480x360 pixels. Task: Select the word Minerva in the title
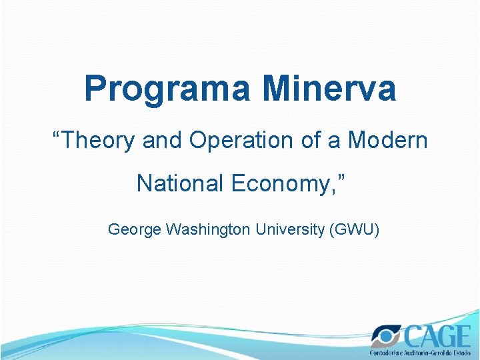[329, 88]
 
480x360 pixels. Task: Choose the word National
[180, 183]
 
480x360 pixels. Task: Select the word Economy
[273, 184]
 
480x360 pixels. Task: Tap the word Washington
[207, 230]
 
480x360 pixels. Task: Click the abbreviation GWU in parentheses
[355, 230]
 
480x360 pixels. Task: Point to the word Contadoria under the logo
[387, 352]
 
